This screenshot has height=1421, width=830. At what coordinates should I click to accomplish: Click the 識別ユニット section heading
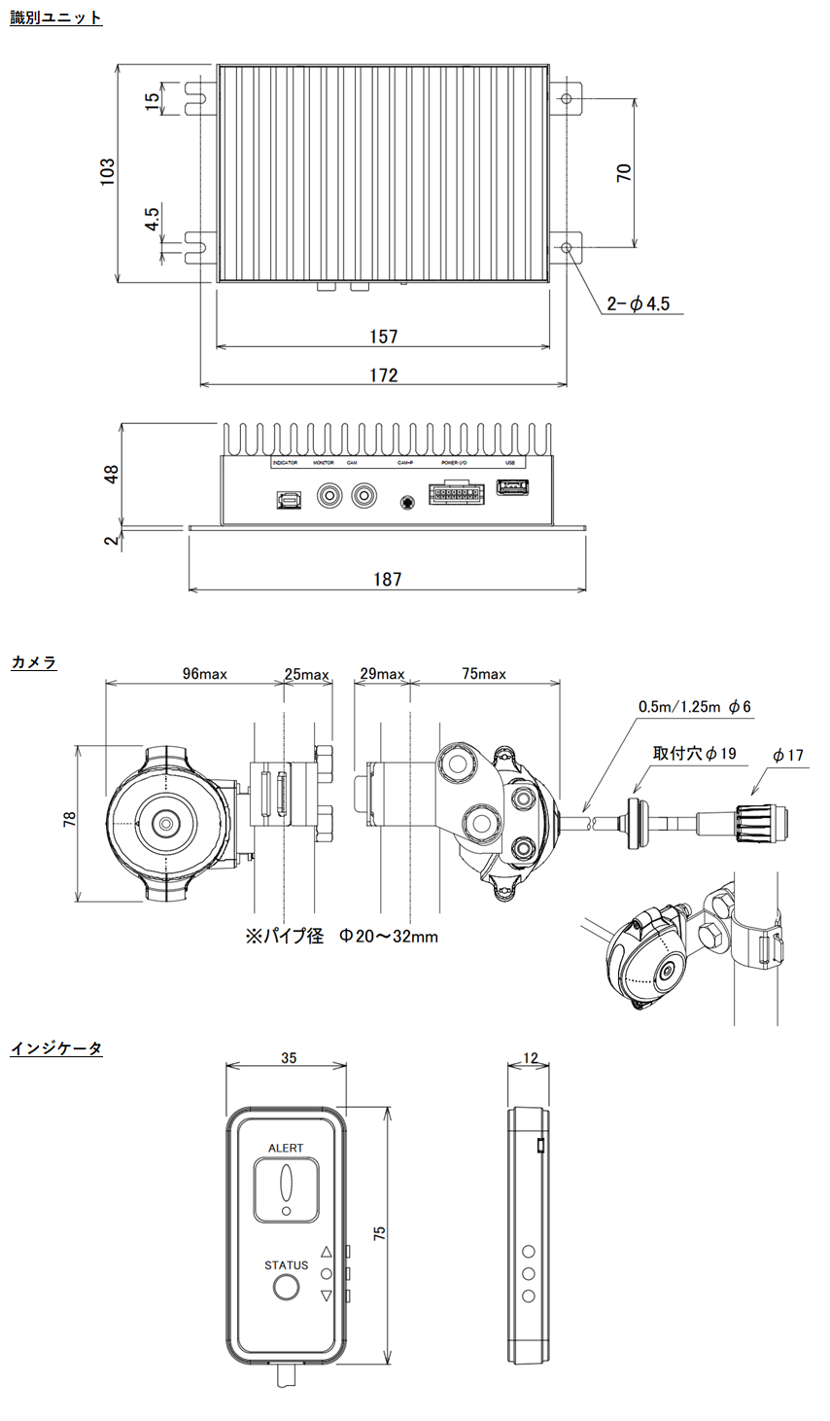55,18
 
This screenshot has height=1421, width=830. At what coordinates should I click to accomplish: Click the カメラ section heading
34,662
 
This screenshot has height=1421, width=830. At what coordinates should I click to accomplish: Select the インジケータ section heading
55,1048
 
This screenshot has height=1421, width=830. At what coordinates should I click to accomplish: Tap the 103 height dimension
107,172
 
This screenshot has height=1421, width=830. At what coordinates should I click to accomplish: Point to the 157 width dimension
384,337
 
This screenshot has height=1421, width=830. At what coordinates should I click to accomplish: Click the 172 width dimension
384,375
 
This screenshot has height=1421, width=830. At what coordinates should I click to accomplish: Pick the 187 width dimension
387,580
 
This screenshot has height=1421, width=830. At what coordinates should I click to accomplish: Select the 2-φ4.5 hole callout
639,304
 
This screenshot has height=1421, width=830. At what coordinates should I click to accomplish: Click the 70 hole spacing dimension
624,172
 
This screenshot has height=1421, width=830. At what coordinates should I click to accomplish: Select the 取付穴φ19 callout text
695,753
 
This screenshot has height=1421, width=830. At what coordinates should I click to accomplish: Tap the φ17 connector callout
788,755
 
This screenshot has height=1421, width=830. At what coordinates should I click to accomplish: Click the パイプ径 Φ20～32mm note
341,936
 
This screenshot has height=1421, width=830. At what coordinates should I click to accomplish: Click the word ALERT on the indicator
286,1148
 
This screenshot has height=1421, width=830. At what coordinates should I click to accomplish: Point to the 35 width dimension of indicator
289,1058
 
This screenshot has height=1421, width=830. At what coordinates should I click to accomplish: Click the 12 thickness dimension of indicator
530,1058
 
